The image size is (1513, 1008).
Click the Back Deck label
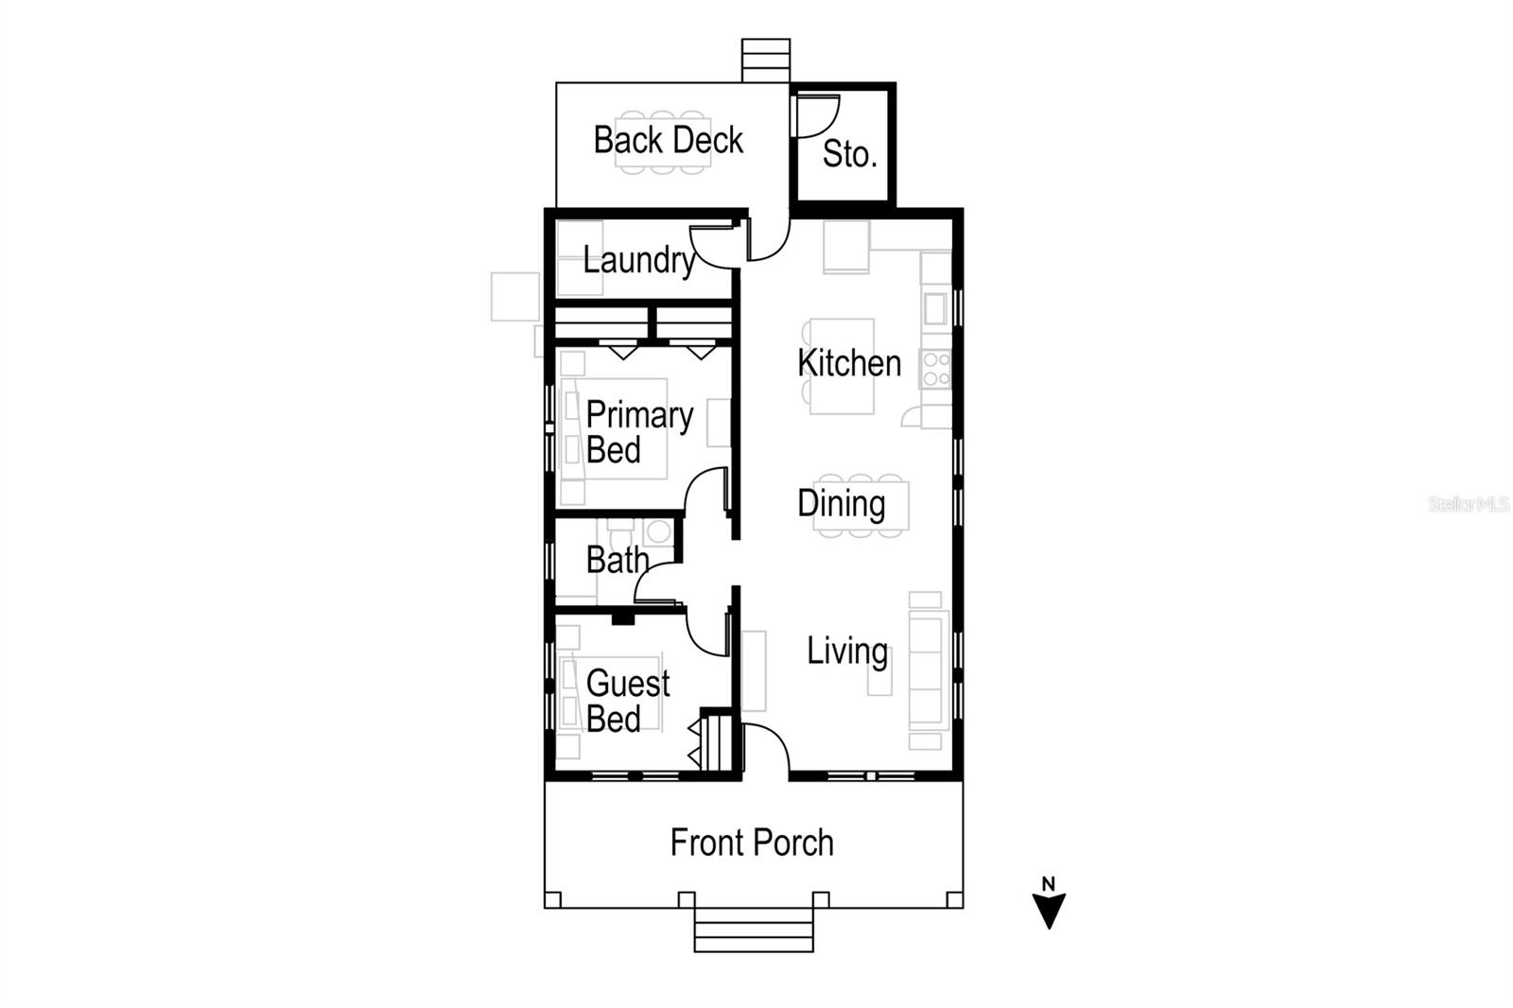click(668, 140)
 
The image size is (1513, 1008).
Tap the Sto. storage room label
click(849, 153)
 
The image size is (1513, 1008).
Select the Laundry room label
click(638, 260)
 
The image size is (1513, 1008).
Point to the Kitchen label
click(848, 363)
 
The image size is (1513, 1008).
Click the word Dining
click(841, 504)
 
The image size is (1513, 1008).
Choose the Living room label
click(846, 652)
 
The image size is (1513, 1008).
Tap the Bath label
click(617, 560)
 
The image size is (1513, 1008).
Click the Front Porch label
click(752, 843)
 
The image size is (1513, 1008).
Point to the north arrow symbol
click(1048, 905)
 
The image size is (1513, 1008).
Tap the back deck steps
click(765, 61)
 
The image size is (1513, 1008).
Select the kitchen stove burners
click(935, 369)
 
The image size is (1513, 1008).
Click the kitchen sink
click(935, 308)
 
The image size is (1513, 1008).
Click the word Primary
click(639, 414)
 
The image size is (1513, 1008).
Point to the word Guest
click(628, 683)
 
